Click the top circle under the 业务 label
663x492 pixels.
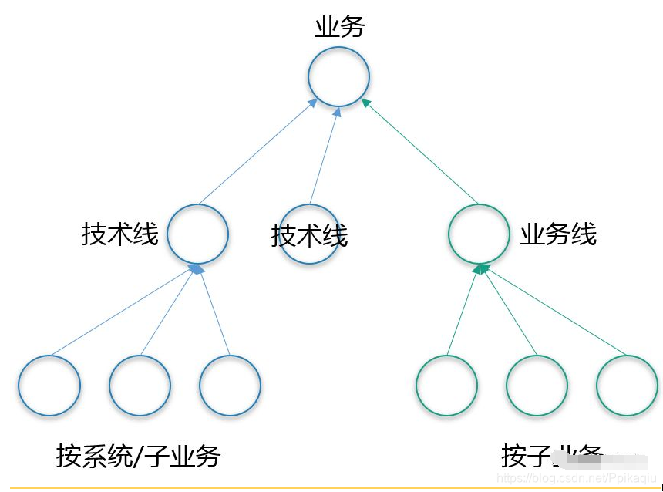338,77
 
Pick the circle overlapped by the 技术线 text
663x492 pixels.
308,234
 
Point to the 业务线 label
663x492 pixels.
558,234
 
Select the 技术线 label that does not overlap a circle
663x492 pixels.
119,234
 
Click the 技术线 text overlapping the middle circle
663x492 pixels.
309,236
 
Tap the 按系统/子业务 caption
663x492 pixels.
138,456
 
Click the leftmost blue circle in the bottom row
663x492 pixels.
49,386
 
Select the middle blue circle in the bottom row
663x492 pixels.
140,386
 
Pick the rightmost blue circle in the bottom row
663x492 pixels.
230,386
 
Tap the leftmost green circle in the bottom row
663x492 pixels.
446,386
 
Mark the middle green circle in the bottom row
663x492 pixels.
537,386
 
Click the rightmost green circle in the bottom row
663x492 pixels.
627,386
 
